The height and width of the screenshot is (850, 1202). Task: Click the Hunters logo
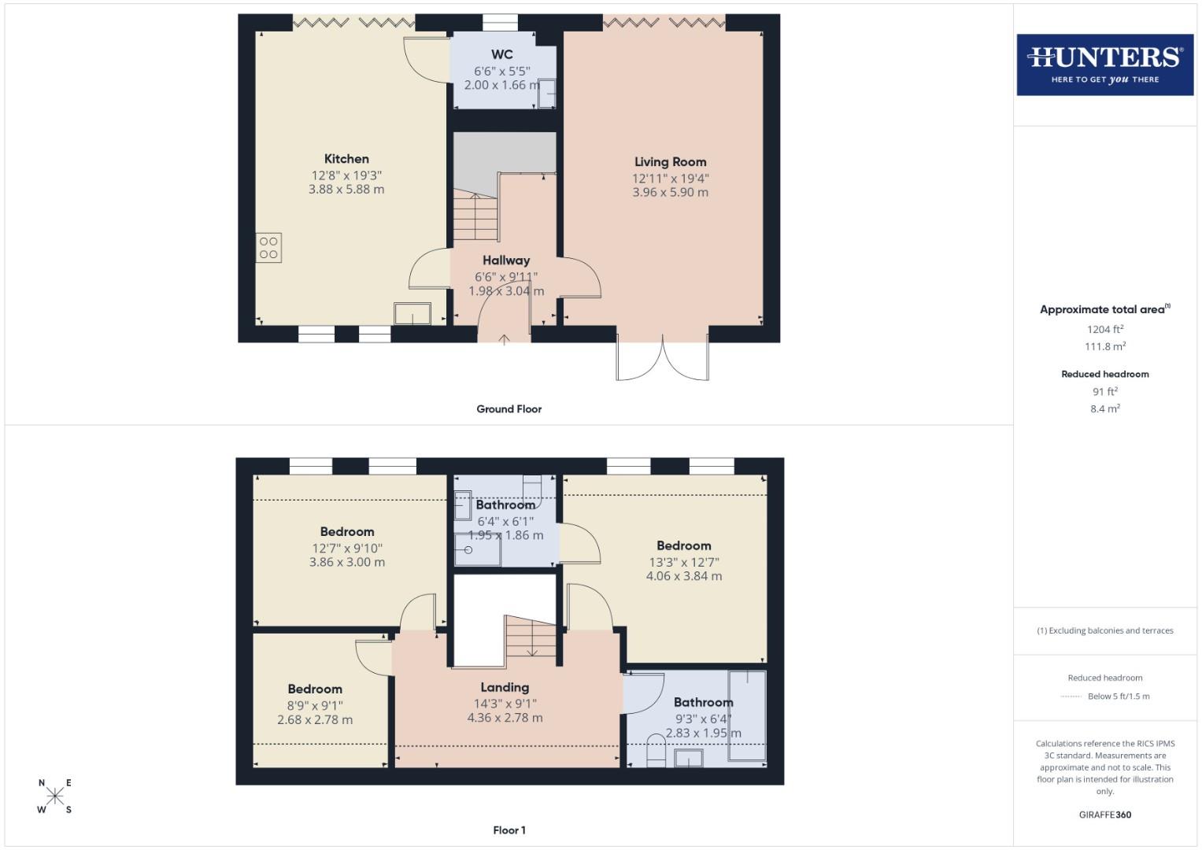click(x=1104, y=65)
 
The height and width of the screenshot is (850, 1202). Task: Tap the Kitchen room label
click(x=346, y=159)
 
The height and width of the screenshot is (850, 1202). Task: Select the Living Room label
click(x=670, y=162)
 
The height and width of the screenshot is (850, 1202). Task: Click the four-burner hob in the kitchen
click(x=268, y=248)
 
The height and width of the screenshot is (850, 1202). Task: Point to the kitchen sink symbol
click(x=412, y=313)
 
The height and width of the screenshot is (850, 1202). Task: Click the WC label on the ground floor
click(x=502, y=54)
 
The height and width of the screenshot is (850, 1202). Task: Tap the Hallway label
click(x=506, y=261)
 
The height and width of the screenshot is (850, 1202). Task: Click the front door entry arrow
click(x=504, y=338)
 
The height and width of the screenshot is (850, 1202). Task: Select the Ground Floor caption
click(x=509, y=409)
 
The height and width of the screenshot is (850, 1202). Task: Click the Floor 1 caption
click(x=509, y=830)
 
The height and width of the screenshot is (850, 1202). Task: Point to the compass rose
click(x=55, y=796)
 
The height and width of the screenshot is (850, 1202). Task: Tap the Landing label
click(x=505, y=688)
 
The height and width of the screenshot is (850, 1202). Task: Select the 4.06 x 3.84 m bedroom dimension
click(x=683, y=576)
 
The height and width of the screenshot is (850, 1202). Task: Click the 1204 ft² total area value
click(x=1104, y=330)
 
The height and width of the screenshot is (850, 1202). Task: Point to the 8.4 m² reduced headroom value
click(x=1104, y=408)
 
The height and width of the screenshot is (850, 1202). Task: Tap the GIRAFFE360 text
click(x=1104, y=815)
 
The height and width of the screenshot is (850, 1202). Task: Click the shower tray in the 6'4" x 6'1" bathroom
click(x=477, y=549)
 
